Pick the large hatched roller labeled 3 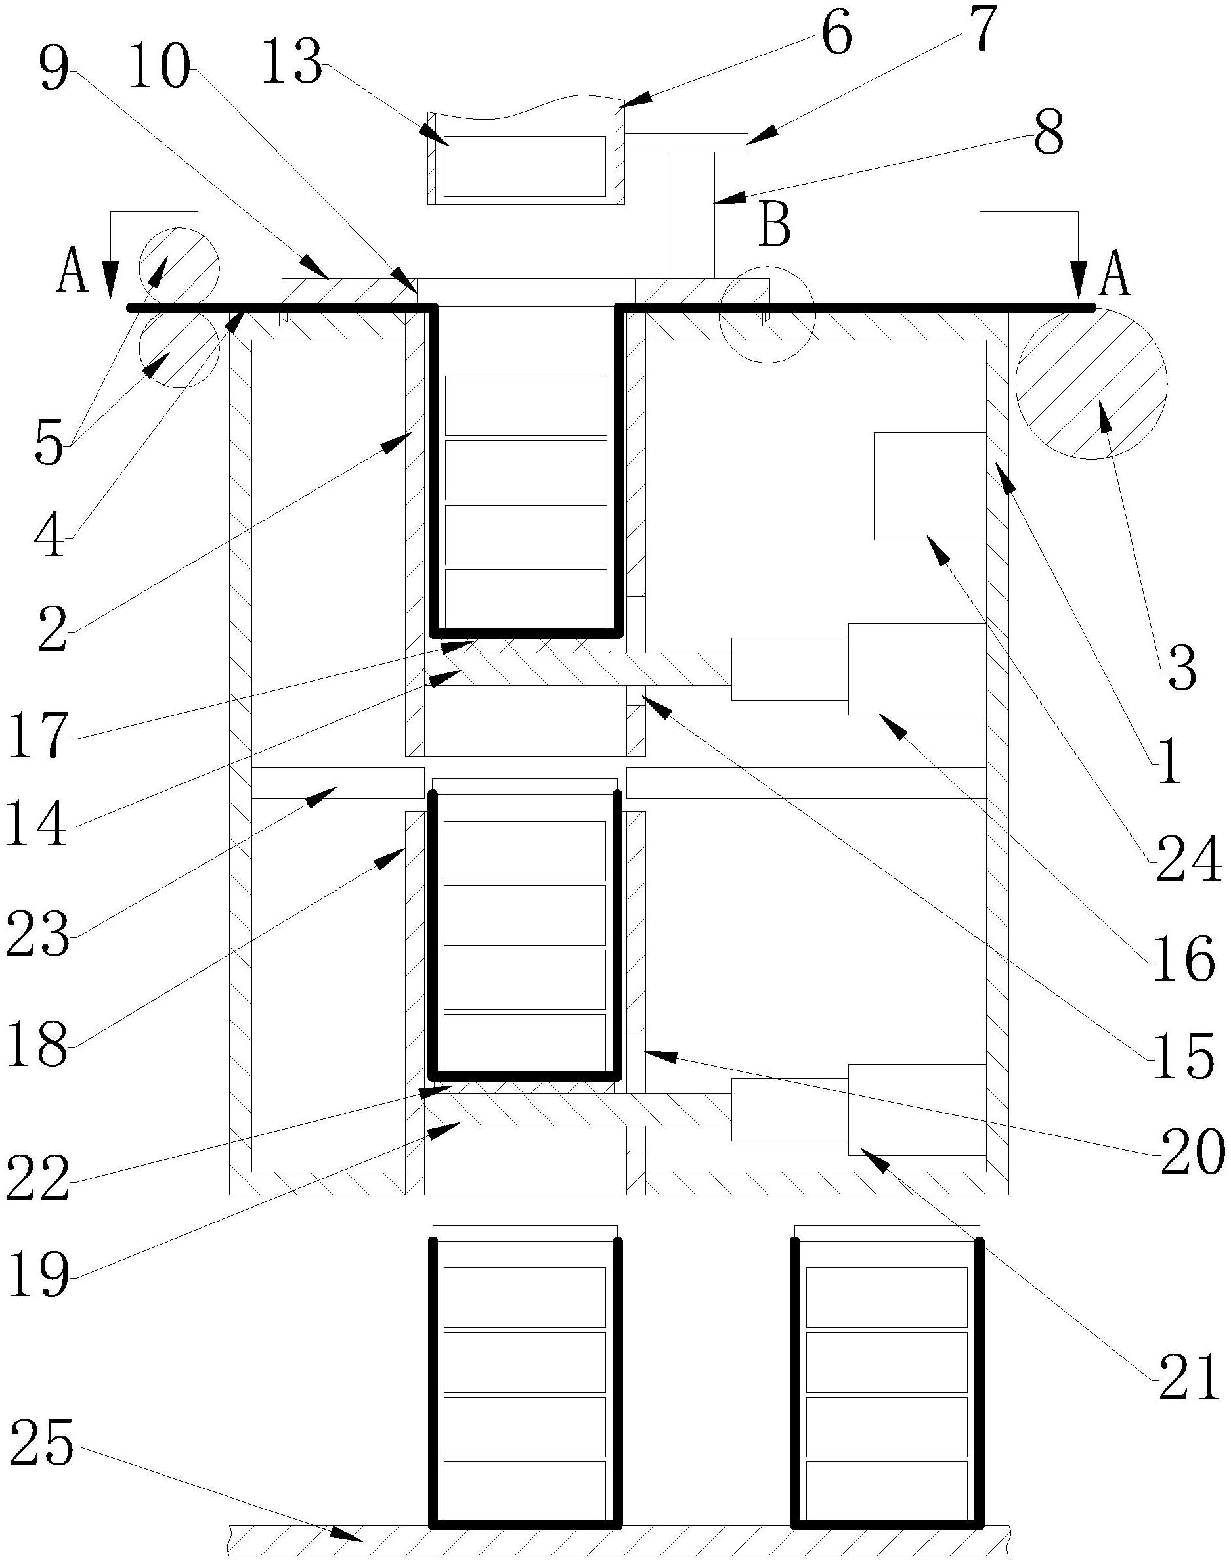1091,383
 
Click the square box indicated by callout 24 929,485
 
